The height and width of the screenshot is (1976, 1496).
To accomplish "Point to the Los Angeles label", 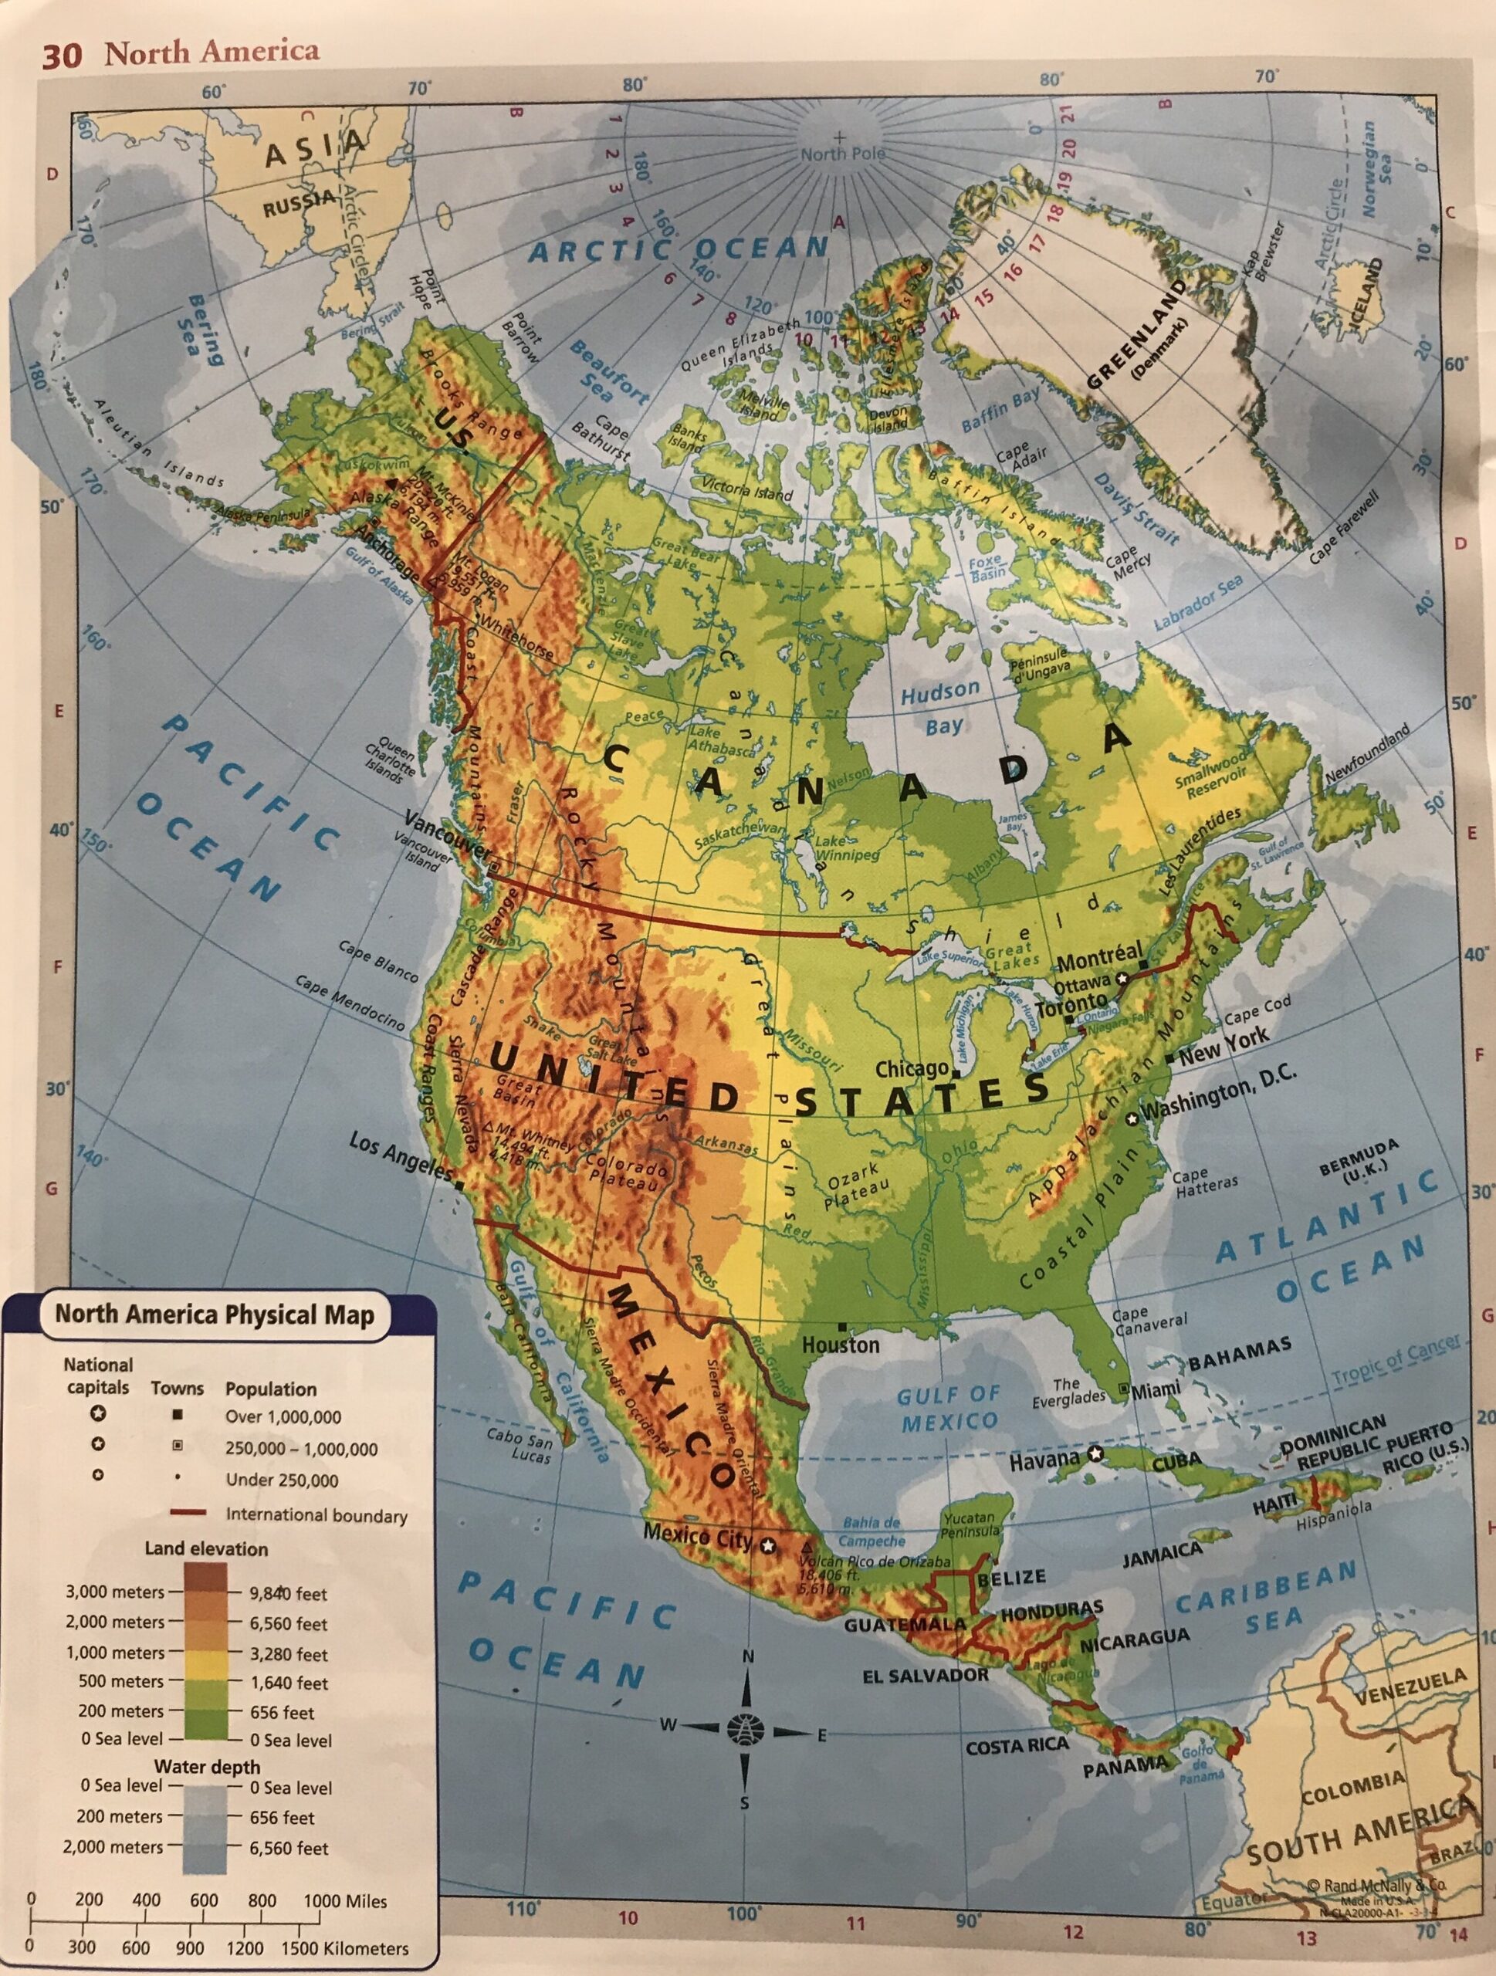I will coord(400,1156).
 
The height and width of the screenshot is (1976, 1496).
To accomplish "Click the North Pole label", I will coord(842,154).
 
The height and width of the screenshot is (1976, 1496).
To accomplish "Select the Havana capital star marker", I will coord(1096,1453).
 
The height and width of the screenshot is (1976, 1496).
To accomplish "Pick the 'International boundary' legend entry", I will coord(316,1515).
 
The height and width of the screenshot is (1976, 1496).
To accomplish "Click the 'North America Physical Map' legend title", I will coord(215,1315).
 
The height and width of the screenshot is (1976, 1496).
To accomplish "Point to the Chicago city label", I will coord(910,1069).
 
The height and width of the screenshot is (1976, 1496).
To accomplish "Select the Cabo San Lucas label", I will coord(519,1448).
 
